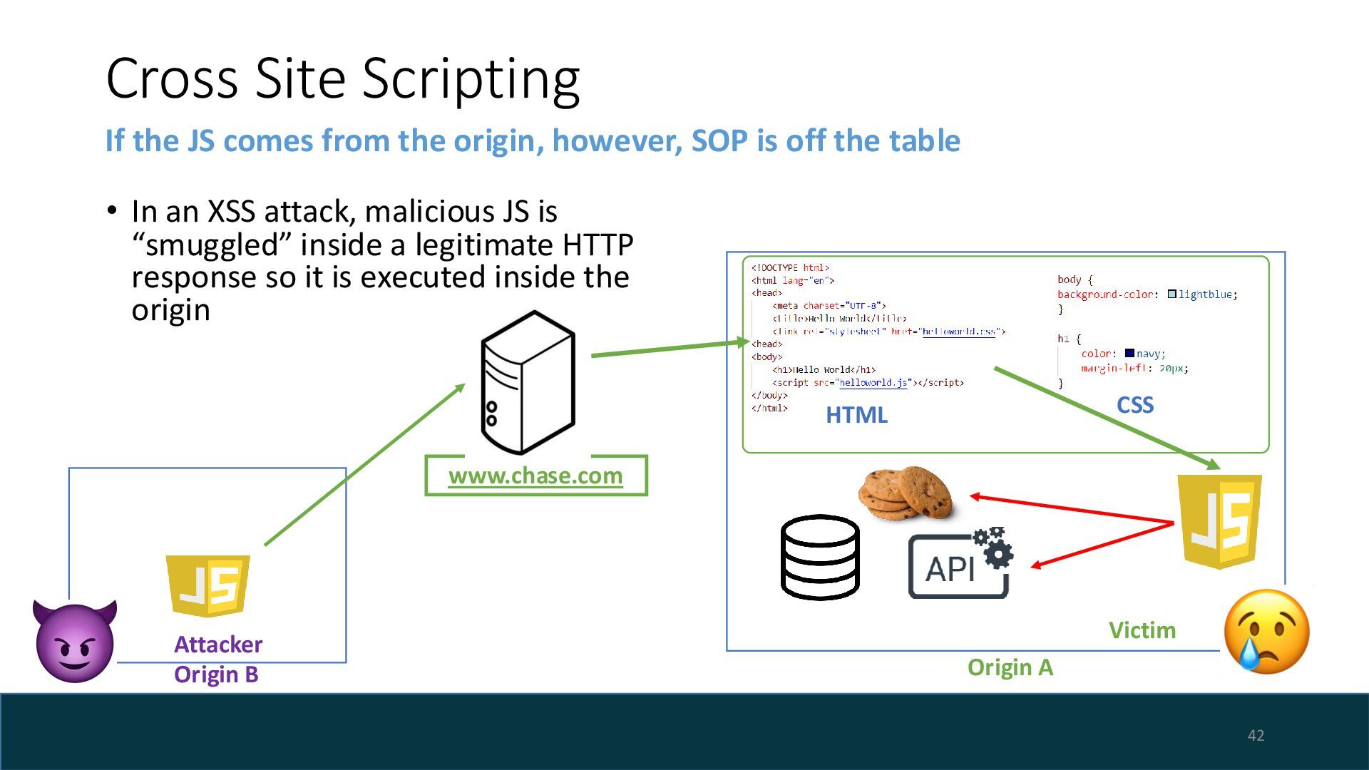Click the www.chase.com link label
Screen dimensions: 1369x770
pyautogui.click(x=535, y=476)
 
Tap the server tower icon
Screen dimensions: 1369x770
pyautogui.click(x=528, y=382)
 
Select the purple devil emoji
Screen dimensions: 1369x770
pyautogui.click(x=75, y=641)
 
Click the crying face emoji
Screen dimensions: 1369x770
pyautogui.click(x=1266, y=632)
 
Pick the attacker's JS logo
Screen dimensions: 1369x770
pyautogui.click(x=208, y=585)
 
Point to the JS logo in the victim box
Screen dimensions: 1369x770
pyautogui.click(x=1219, y=521)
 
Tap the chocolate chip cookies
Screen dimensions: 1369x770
pyautogui.click(x=906, y=493)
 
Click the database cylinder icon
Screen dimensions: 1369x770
pyautogui.click(x=820, y=557)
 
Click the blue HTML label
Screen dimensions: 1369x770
pyautogui.click(x=856, y=415)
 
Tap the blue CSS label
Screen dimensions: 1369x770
pyautogui.click(x=1135, y=405)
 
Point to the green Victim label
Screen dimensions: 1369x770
pyautogui.click(x=1142, y=630)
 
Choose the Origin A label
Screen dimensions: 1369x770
pyautogui.click(x=1010, y=667)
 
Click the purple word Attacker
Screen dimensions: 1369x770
pyautogui.click(x=218, y=645)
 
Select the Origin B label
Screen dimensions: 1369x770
pyautogui.click(x=216, y=674)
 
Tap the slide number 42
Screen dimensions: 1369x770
pyautogui.click(x=1256, y=736)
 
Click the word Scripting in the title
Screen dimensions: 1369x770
pyautogui.click(x=471, y=78)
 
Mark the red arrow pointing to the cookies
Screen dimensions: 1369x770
pyautogui.click(x=1070, y=509)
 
